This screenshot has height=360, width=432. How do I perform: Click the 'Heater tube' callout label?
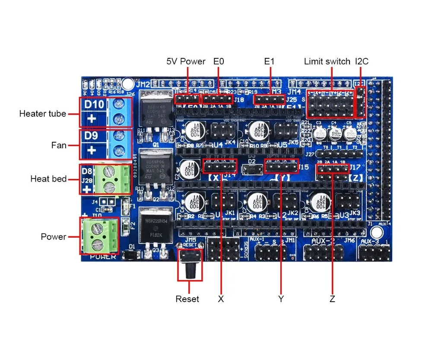click(42, 114)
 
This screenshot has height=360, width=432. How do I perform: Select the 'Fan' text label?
click(59, 145)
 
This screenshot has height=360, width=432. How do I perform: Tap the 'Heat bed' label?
click(48, 178)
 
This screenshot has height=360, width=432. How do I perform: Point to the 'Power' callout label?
click(54, 236)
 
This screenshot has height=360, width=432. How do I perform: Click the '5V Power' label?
click(186, 61)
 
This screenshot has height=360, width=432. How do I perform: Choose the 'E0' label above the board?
click(219, 61)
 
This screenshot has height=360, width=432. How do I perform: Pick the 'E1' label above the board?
click(269, 61)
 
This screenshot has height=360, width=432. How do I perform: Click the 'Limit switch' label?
click(327, 61)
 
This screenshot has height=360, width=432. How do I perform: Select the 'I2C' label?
click(362, 61)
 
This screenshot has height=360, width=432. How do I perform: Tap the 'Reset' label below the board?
click(187, 299)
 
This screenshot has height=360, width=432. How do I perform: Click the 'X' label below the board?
click(221, 299)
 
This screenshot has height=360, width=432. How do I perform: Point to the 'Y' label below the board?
click(281, 299)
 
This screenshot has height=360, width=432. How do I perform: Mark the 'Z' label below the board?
click(332, 299)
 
